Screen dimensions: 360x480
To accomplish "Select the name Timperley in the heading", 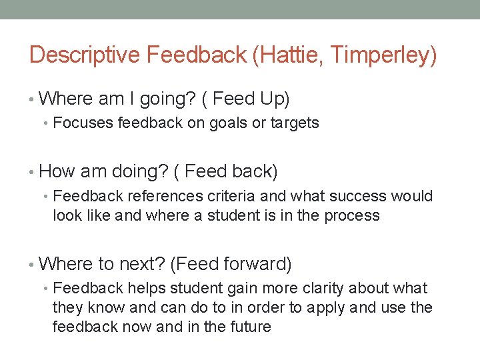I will (x=383, y=55).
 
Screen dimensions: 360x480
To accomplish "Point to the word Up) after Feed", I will (x=273, y=99).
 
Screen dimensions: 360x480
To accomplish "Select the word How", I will (x=57, y=171).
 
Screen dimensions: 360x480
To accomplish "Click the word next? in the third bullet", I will (x=142, y=264).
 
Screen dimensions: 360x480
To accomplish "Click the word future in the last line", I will (x=249, y=327).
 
